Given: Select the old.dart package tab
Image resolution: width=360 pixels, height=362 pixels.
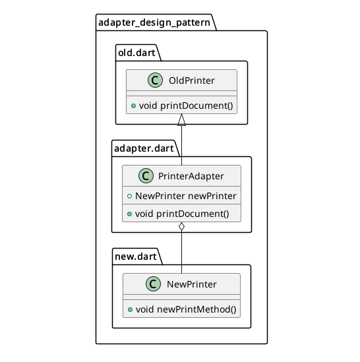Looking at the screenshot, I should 135,52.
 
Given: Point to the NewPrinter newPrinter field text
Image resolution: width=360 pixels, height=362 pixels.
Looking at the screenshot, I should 185,196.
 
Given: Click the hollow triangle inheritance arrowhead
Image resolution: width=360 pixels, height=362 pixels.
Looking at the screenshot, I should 181,119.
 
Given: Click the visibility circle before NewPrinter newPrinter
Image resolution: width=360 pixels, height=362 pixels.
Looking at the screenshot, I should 129,196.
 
